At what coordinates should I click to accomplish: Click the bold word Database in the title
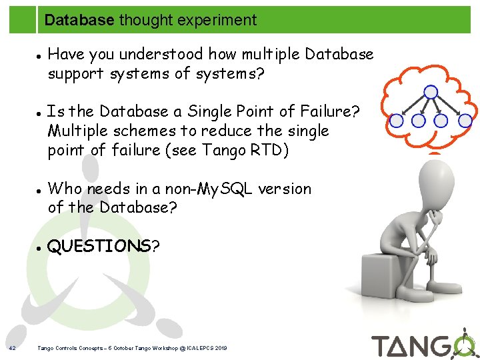click(x=79, y=20)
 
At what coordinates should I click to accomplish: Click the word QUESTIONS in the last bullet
click(x=99, y=246)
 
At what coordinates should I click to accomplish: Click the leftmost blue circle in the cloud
click(x=397, y=121)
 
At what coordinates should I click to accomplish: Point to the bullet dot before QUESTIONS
click(x=40, y=247)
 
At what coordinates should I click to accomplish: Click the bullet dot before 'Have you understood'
click(x=40, y=55)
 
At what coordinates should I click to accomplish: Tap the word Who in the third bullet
click(x=66, y=189)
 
